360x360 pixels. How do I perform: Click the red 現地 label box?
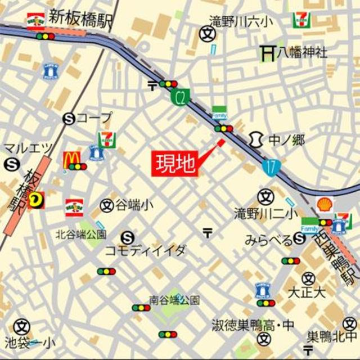(175, 164)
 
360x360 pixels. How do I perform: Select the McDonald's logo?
(71, 160)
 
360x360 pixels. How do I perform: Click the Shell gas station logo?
(325, 205)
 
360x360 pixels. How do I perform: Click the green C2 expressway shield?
(179, 98)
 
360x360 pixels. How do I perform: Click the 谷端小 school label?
(134, 205)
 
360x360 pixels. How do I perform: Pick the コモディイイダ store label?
(145, 251)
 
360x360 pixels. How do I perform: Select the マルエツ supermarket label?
(28, 148)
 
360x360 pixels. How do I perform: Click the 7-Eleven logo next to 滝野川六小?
(300, 20)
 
